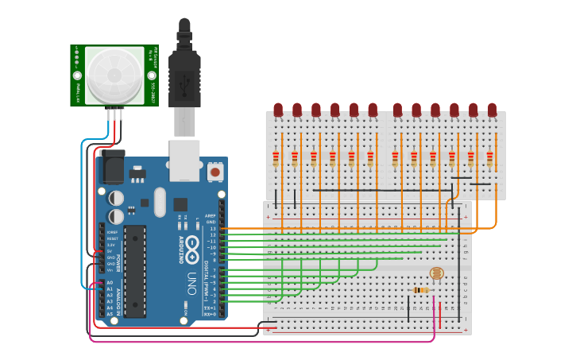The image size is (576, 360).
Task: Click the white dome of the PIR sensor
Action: tap(115, 75)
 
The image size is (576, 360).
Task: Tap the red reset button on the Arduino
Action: tap(215, 171)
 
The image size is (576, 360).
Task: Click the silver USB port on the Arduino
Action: tap(184, 159)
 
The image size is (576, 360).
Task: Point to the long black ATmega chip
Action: tap(135, 270)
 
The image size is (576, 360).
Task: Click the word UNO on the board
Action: tap(191, 285)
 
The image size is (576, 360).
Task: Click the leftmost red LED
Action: tap(278, 110)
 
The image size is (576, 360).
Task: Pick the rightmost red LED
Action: tap(492, 110)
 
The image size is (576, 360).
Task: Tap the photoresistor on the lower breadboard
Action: tap(436, 273)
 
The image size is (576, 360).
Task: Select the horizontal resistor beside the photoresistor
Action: tap(421, 290)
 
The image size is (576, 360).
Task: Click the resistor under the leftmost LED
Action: tap(276, 160)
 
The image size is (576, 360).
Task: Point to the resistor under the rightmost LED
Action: tap(489, 160)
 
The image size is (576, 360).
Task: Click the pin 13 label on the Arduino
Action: tap(213, 229)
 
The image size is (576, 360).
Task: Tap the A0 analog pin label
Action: tap(110, 282)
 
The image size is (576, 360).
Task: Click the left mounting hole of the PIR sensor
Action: tap(78, 75)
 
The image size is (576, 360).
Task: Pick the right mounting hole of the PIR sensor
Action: tap(151, 75)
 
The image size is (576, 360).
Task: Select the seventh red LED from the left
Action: tap(397, 110)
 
